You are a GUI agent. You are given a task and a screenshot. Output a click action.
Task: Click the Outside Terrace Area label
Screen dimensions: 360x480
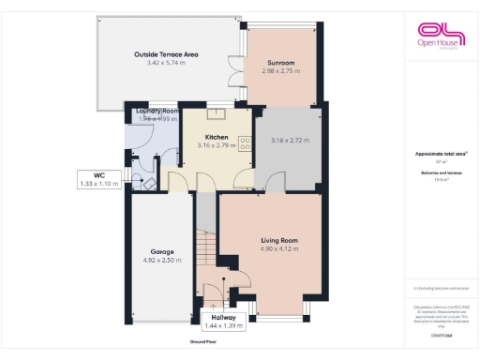click(166, 54)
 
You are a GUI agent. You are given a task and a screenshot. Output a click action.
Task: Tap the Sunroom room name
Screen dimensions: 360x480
click(280, 62)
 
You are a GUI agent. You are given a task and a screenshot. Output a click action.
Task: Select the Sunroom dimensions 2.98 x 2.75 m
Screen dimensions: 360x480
click(280, 71)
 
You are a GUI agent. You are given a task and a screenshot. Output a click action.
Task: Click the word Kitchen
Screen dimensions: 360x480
click(217, 136)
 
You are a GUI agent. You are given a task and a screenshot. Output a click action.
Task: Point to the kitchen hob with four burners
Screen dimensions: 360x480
click(244, 144)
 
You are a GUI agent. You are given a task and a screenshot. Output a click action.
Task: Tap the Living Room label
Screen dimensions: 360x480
click(278, 241)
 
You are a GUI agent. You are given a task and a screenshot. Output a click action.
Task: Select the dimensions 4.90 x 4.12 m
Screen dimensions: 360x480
click(278, 250)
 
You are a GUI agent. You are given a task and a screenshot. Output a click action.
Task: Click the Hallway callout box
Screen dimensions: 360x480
click(223, 321)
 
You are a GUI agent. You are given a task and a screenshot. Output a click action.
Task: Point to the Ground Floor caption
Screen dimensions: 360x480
click(204, 343)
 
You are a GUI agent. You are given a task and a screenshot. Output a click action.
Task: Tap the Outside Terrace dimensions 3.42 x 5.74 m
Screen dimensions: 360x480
click(166, 63)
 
